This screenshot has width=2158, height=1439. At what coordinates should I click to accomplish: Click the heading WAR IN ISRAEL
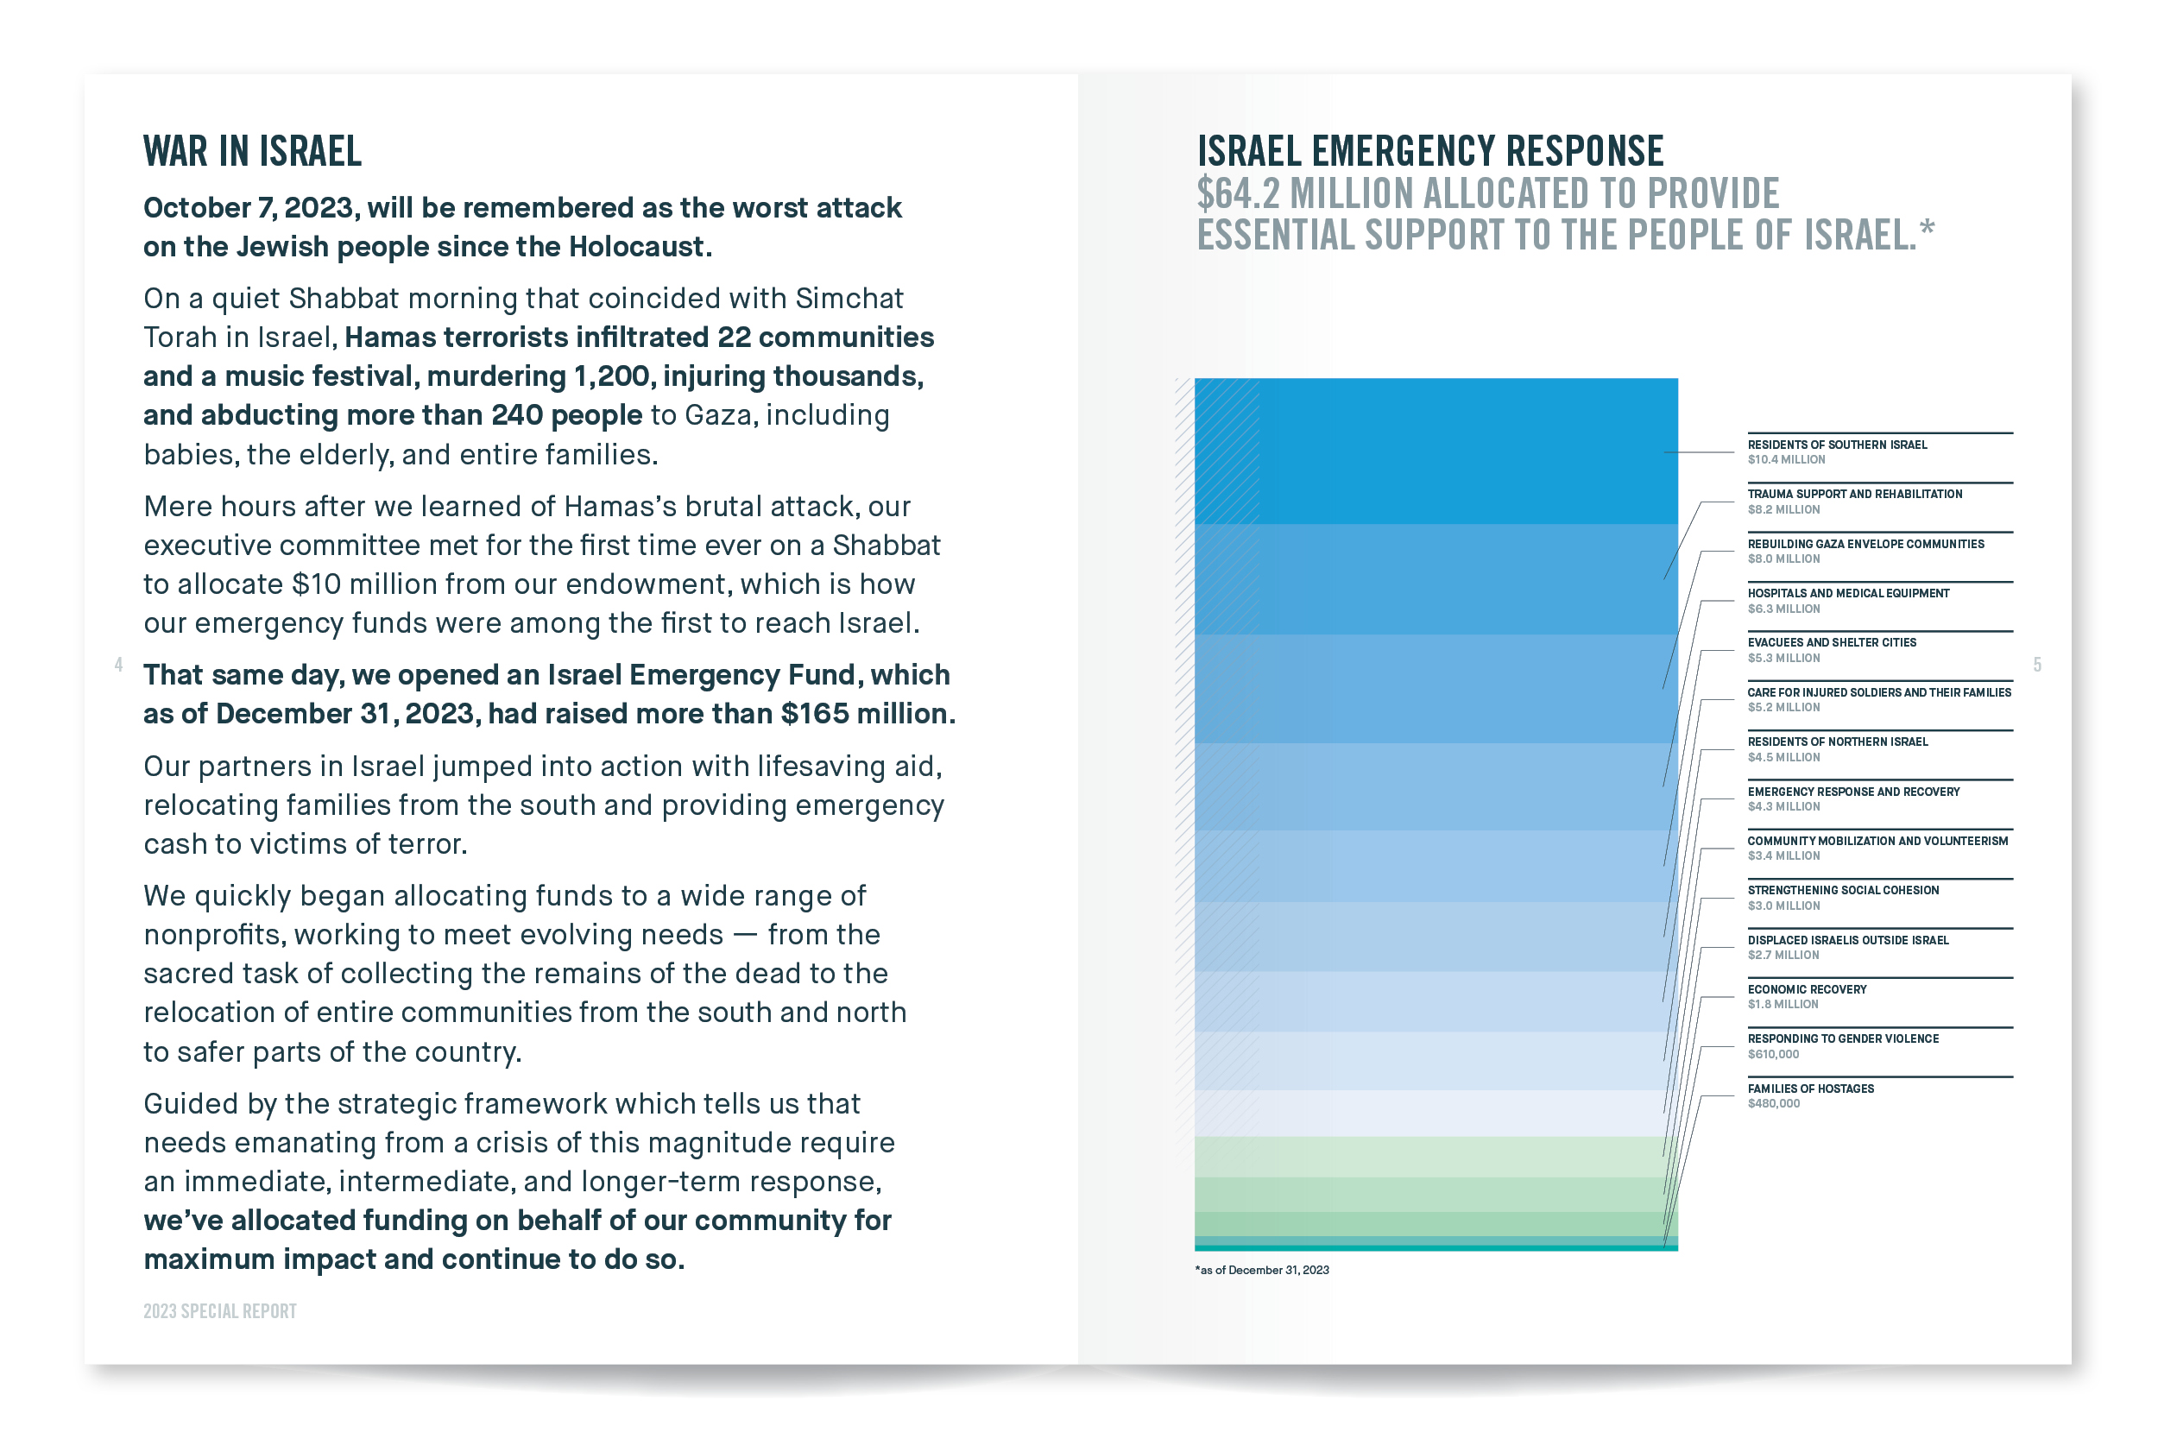coord(252,151)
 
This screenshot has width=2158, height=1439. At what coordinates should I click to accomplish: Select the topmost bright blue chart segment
coord(1436,451)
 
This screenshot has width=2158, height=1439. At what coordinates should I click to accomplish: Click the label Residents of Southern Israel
coord(1837,445)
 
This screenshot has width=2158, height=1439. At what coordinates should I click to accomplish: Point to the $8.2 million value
coord(1783,509)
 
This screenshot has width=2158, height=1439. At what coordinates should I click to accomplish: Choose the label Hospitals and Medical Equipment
coord(1848,594)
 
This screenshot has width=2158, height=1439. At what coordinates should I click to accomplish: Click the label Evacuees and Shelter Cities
coord(1832,643)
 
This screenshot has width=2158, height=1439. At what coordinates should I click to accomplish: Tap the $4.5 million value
coord(1783,757)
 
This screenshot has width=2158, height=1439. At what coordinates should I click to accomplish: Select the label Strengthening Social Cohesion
coord(1842,890)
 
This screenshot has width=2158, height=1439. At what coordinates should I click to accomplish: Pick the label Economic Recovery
coord(1807,989)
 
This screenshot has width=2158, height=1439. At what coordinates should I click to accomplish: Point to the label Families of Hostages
coord(1810,1089)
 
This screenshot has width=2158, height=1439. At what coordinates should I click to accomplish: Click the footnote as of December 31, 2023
coord(1262,1270)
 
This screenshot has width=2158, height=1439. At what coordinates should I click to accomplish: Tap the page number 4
coord(118,664)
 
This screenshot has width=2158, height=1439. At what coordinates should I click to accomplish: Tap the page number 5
coord(2037,665)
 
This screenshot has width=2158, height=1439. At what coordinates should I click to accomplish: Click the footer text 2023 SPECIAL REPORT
coord(220,1311)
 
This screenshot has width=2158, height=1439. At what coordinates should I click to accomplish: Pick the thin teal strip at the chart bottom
coord(1436,1248)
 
